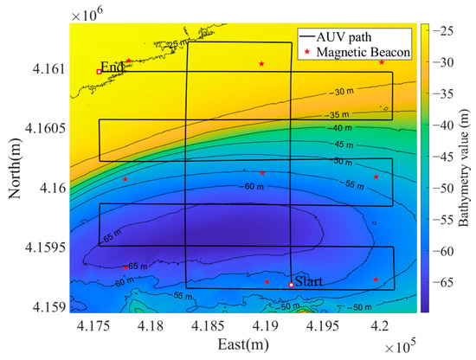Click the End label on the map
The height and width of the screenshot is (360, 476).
(x=112, y=67)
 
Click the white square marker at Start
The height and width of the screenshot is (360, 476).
(x=291, y=285)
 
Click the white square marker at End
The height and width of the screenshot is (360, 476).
(x=99, y=71)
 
